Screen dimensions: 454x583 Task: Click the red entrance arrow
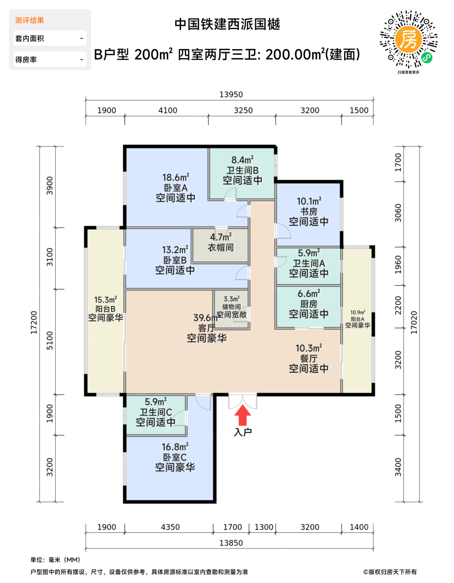click(243, 415)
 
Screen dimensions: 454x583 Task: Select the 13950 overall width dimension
click(231, 95)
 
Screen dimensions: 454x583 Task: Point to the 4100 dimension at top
click(168, 110)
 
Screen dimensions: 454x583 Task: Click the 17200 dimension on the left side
click(34, 322)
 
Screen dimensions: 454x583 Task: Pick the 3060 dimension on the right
click(398, 213)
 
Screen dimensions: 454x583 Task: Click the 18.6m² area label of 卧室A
click(176, 177)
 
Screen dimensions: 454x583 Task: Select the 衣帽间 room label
click(221, 247)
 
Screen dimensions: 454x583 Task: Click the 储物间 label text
click(231, 306)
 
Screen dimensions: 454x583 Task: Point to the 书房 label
click(309, 212)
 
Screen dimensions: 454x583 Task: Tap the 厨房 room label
click(309, 304)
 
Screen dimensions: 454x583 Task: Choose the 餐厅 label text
click(309, 359)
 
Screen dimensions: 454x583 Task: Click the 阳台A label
click(357, 319)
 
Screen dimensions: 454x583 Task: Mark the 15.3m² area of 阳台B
click(105, 299)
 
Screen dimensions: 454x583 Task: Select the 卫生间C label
click(156, 412)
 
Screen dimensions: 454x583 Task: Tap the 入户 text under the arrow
click(243, 432)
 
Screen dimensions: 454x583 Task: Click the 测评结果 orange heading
click(30, 20)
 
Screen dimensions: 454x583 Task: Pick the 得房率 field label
click(26, 60)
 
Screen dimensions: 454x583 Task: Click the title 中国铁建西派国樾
click(227, 24)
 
